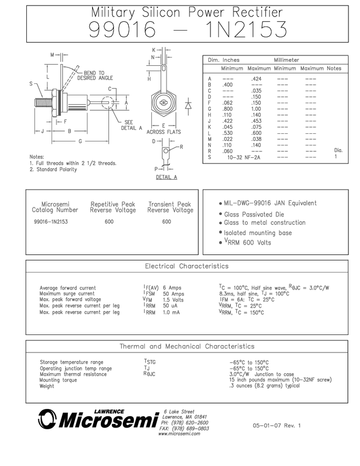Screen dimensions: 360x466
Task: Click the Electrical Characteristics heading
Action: click(x=187, y=266)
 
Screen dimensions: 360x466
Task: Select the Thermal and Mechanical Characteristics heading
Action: click(x=187, y=346)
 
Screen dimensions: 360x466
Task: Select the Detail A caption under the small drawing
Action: click(x=163, y=178)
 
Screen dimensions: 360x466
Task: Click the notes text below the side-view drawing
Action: click(x=71, y=163)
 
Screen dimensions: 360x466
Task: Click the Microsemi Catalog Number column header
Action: click(x=55, y=207)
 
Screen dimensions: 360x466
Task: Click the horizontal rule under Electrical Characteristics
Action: click(x=187, y=272)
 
